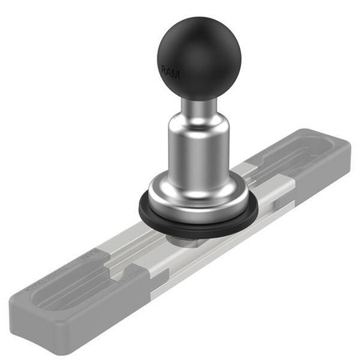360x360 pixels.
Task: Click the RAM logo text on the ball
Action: coord(171,73)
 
